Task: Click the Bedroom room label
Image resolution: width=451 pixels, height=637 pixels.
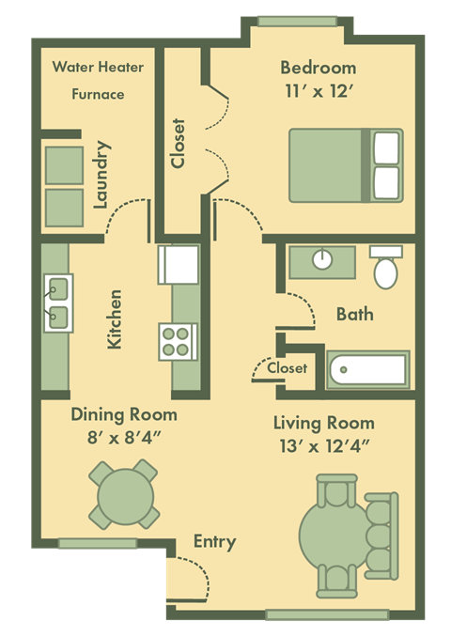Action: [318, 68]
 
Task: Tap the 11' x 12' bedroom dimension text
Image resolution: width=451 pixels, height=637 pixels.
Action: [318, 92]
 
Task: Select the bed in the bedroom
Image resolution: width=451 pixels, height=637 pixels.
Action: [345, 165]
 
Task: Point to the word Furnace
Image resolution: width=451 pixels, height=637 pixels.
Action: [99, 94]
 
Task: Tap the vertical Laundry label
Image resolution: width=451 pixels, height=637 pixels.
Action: [103, 175]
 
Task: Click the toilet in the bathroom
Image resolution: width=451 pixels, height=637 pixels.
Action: [385, 268]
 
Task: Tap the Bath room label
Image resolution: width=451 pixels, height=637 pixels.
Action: [354, 314]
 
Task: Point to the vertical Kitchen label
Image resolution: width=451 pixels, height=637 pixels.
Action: [115, 319]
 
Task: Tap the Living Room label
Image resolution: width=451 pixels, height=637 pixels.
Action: [323, 422]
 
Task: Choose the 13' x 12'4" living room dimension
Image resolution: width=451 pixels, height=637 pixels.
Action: [323, 445]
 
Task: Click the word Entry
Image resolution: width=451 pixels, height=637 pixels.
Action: [214, 542]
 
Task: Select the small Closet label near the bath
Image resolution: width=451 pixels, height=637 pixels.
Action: [287, 368]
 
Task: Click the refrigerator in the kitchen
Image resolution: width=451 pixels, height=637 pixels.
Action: [178, 264]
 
